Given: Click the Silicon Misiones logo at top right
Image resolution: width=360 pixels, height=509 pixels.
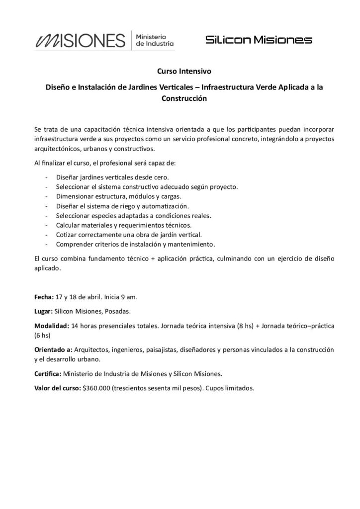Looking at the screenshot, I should click(x=259, y=40).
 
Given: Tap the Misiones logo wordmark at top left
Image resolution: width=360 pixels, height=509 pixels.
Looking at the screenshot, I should click(x=79, y=40).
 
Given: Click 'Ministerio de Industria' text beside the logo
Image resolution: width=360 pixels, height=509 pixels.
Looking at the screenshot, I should click(x=155, y=40).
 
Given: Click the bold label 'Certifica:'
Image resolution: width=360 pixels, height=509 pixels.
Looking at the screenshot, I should click(x=48, y=374).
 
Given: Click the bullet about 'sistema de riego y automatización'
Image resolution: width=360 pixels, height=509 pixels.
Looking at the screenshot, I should click(x=123, y=206).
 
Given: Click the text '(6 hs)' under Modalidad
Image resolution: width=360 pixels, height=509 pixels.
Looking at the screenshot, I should click(x=43, y=336).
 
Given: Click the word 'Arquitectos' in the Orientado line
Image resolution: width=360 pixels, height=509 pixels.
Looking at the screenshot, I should click(x=93, y=349).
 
